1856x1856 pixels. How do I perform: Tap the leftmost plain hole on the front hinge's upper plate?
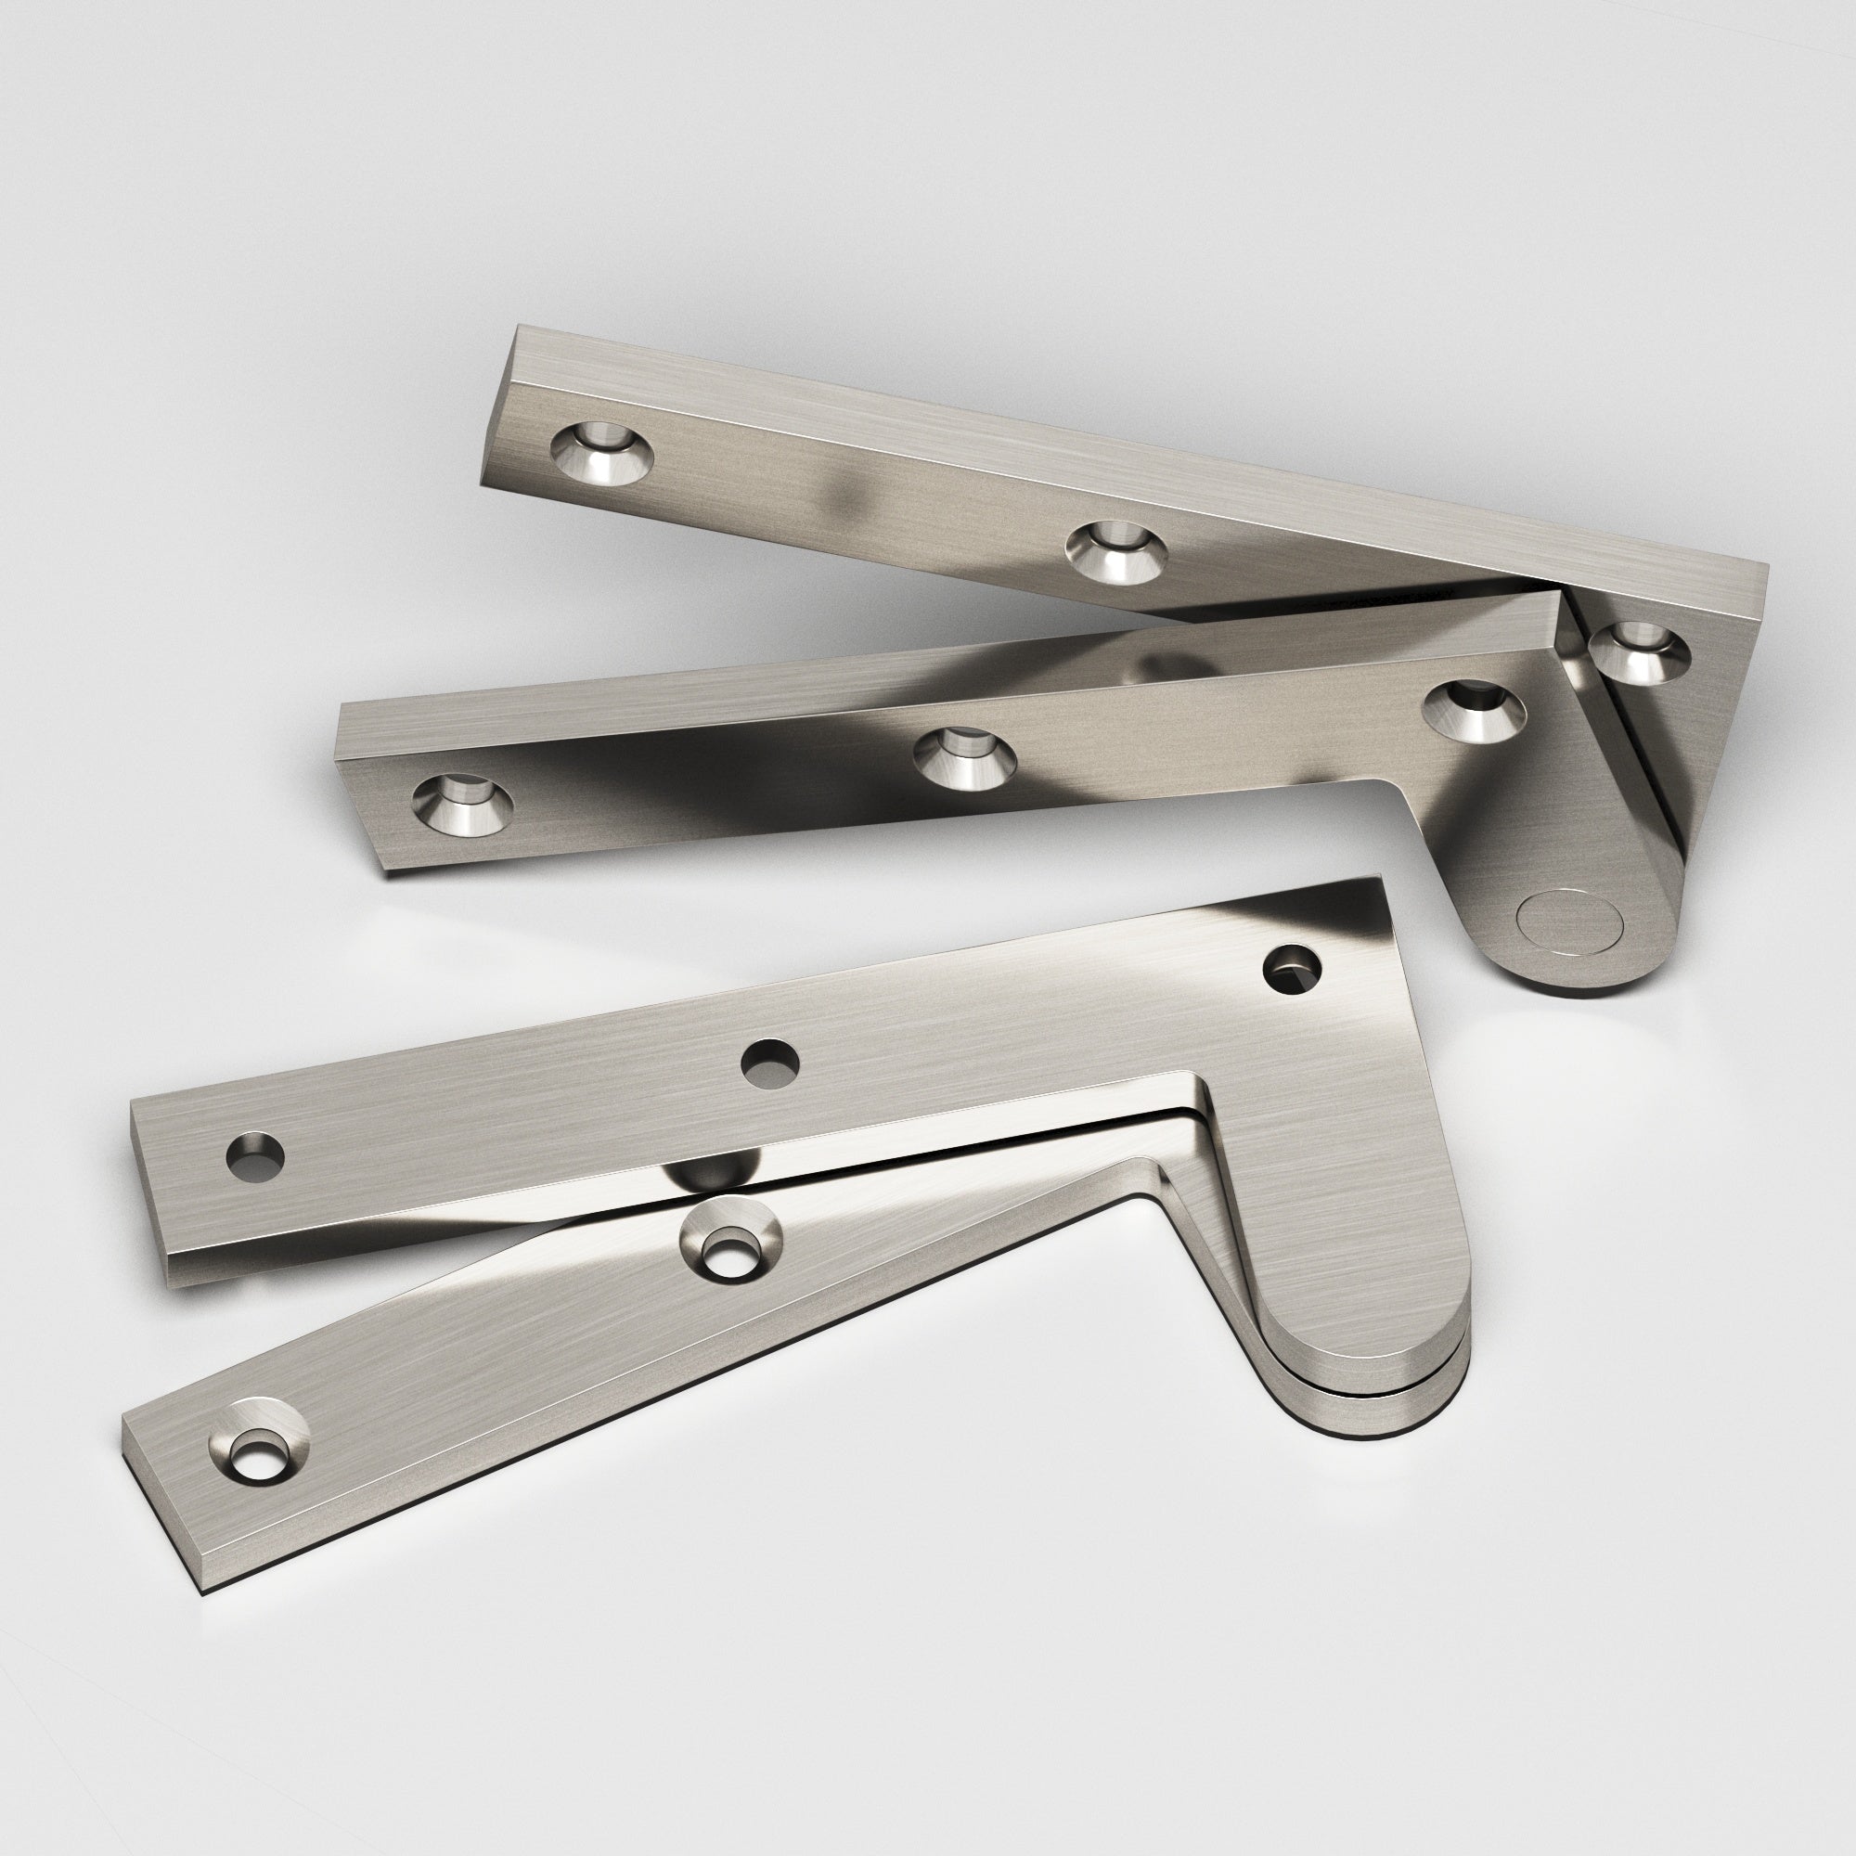[x=255, y=1155]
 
